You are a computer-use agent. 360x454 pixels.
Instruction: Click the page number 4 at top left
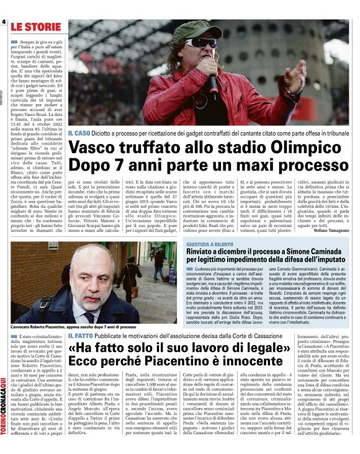tap(4, 22)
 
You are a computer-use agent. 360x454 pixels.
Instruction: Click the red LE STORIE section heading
tap(35, 27)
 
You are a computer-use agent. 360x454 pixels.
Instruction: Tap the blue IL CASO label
tap(79, 133)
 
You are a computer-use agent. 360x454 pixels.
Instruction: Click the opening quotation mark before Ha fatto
tap(73, 350)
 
